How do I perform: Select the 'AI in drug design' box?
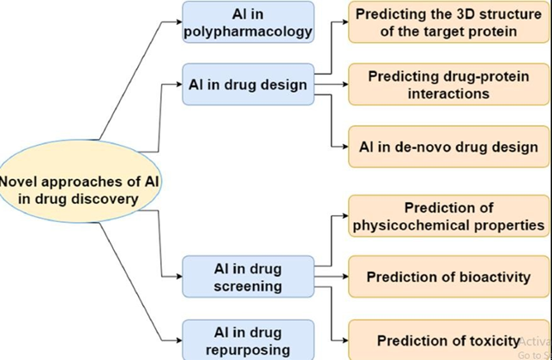[x=248, y=85]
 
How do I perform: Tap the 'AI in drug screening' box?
[x=248, y=276]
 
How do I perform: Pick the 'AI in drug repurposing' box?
[x=248, y=339]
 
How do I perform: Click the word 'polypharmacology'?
[x=248, y=33]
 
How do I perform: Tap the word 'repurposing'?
[x=248, y=349]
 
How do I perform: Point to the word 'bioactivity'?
[x=489, y=277]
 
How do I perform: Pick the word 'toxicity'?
[x=491, y=340]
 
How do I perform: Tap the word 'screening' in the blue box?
[x=248, y=285]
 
